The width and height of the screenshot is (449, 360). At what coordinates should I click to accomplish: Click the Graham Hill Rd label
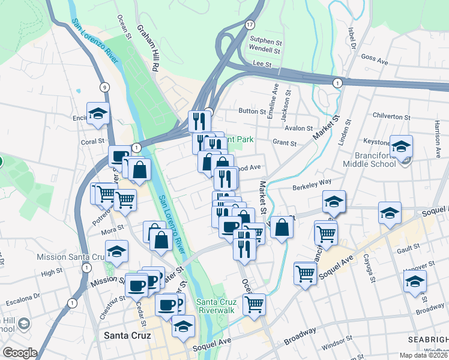point(146,49)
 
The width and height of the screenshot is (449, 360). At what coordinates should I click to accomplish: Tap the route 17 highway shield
point(250,24)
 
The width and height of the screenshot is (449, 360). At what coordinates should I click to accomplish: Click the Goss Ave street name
point(376,61)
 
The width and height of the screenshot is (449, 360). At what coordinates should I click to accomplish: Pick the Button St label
point(252,111)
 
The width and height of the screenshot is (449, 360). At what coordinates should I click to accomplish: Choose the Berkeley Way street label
point(312,187)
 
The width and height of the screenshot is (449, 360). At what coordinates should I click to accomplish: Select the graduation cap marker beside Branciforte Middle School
point(400,146)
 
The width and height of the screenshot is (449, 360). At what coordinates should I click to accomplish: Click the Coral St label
point(93,142)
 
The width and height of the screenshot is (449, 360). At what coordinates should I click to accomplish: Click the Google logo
point(20,353)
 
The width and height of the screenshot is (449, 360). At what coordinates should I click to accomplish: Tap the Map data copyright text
point(423,355)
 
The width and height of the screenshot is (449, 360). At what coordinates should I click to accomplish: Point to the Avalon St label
point(298,128)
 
